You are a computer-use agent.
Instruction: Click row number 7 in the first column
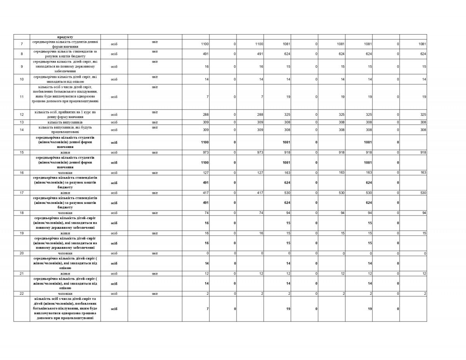22,44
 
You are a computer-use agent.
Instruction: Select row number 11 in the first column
22,97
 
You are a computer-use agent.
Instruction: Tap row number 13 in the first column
22,122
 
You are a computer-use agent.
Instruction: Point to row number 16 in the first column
22,172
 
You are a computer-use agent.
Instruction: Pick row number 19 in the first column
22,233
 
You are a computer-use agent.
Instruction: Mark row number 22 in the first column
22,294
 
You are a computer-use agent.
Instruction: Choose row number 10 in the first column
22,79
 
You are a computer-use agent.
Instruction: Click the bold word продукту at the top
65,37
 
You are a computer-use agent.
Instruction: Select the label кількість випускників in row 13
65,122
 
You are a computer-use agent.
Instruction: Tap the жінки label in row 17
65,193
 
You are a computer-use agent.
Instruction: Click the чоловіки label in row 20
65,253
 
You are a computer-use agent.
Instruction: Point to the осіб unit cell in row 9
114,66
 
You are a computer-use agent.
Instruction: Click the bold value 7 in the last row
208,309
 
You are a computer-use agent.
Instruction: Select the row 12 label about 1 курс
65,115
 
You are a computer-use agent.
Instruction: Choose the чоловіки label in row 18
65,213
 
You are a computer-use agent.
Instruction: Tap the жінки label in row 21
65,273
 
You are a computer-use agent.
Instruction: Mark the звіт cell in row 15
155,152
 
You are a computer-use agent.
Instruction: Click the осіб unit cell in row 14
114,130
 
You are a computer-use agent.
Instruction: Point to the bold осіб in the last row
114,309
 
